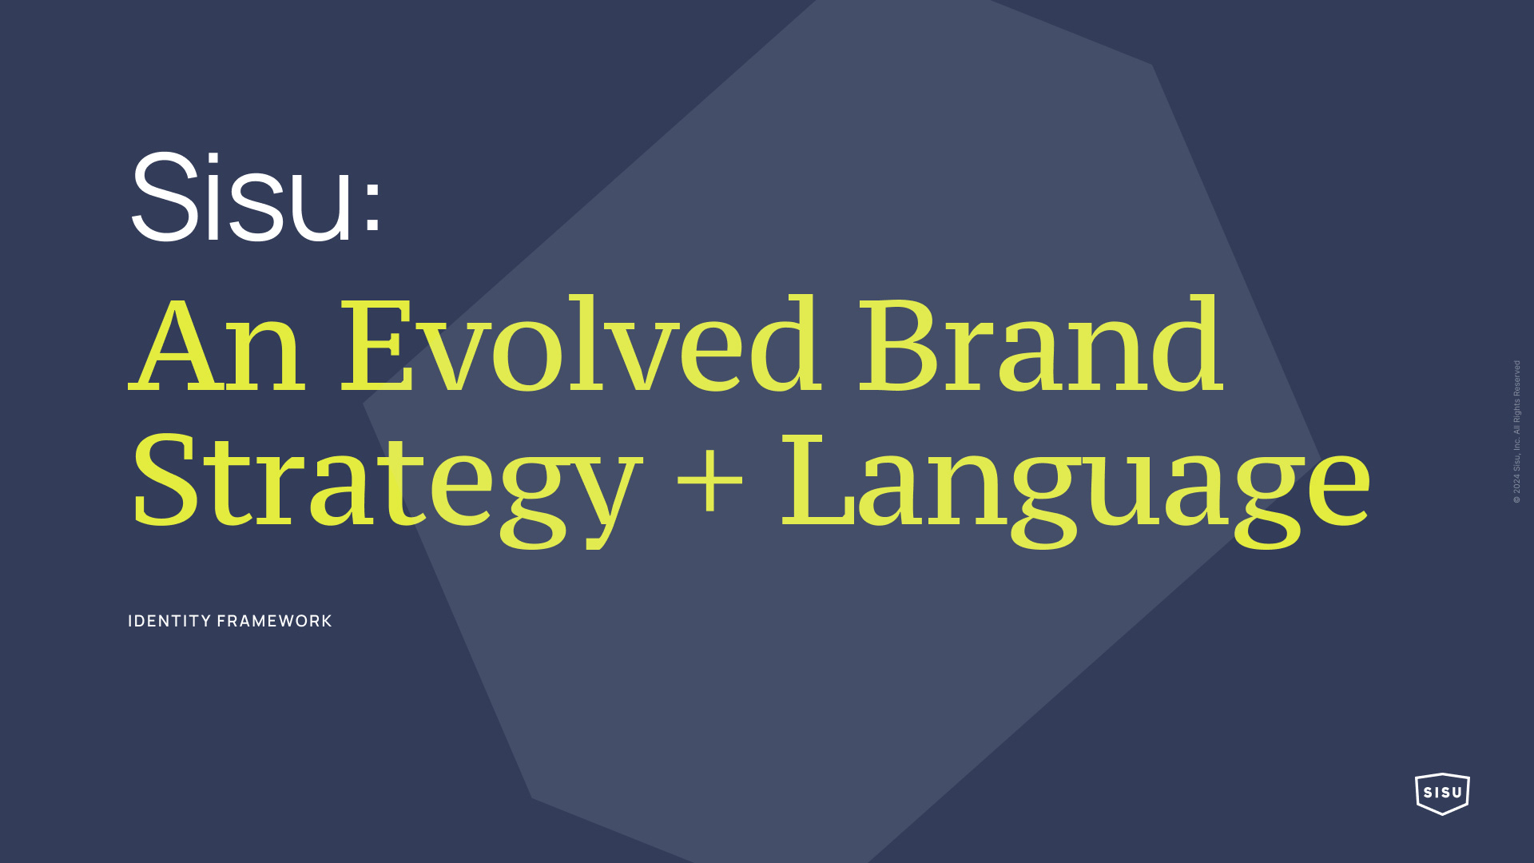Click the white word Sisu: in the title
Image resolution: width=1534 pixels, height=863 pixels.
[x=256, y=196]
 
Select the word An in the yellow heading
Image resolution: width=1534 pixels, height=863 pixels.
[x=217, y=344]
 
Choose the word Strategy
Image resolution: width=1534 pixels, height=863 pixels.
[x=387, y=488]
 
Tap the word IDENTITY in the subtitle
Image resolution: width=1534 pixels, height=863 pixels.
[x=169, y=621]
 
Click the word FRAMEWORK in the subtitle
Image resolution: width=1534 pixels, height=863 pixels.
[x=274, y=621]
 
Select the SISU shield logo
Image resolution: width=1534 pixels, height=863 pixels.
[x=1442, y=793]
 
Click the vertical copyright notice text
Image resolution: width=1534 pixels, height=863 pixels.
[x=1516, y=431]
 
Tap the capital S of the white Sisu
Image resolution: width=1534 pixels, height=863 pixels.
[x=165, y=196]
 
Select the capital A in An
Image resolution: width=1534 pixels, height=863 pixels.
[x=177, y=344]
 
